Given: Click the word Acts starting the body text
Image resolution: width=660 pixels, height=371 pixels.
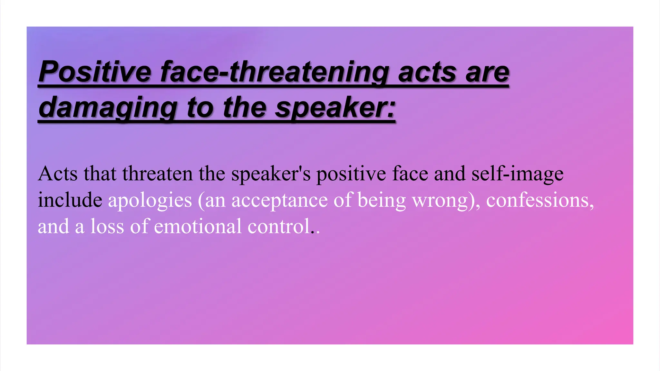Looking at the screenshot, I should tap(58, 174).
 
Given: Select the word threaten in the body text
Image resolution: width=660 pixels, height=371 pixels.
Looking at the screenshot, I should tap(157, 174).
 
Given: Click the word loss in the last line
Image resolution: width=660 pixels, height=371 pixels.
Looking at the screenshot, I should tap(107, 226).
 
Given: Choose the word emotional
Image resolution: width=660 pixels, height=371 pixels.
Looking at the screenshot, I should tap(198, 226).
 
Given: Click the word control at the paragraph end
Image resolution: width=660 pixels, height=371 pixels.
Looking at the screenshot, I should tap(279, 226).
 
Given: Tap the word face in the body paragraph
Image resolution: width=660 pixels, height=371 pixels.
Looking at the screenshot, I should tap(410, 174).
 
